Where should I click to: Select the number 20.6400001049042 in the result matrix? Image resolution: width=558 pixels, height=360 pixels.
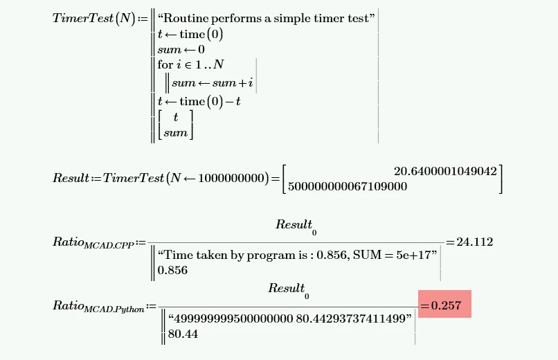(445, 171)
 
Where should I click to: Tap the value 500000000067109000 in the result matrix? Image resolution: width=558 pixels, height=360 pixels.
(348, 186)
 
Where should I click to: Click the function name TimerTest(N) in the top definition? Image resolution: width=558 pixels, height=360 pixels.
(94, 18)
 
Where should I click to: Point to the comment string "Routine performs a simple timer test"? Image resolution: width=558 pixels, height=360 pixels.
(266, 18)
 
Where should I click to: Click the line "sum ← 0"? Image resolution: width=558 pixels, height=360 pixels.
(181, 49)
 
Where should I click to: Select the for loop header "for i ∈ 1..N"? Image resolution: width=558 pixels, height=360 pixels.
(191, 64)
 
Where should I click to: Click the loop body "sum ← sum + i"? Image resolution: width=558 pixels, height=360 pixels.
(213, 83)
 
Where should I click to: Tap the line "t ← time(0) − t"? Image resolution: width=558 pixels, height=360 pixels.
(199, 101)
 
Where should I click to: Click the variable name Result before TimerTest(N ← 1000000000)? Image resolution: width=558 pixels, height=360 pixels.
(71, 177)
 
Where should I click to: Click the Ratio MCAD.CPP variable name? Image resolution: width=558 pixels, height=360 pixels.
(93, 242)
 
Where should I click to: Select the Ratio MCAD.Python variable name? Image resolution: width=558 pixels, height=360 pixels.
(98, 306)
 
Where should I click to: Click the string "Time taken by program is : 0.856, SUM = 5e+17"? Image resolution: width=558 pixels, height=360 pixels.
(297, 255)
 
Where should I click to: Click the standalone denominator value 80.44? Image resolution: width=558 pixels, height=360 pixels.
(183, 334)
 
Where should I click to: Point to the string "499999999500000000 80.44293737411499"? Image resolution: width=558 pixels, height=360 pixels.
(289, 318)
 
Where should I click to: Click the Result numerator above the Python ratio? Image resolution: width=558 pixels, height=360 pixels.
(289, 290)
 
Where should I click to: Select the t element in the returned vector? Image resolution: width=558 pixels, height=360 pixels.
(175, 117)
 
